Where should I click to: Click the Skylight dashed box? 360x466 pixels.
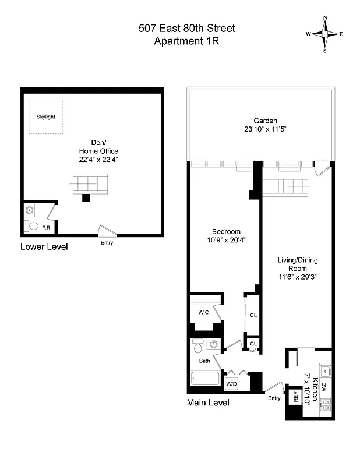(x=46, y=116)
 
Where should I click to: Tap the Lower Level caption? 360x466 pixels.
(x=44, y=247)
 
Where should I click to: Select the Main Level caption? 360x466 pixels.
(x=208, y=403)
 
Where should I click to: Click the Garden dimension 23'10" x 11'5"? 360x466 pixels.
(x=262, y=129)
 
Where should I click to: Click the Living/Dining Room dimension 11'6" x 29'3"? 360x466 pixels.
(x=297, y=277)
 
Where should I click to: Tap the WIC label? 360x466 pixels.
(x=203, y=313)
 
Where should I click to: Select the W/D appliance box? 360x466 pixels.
(x=231, y=384)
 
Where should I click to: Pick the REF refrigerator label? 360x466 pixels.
(x=295, y=398)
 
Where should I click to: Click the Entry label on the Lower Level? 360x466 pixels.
(x=107, y=242)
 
